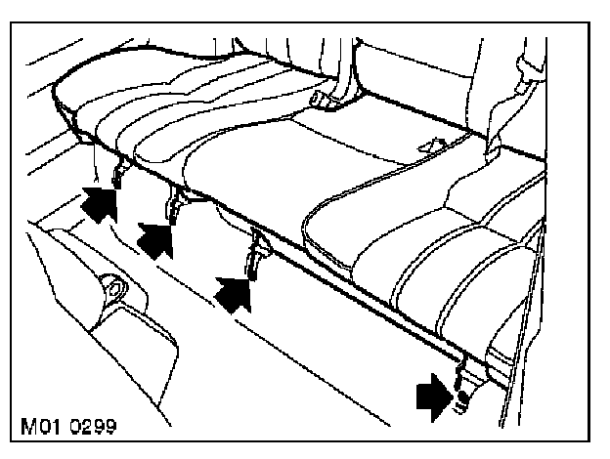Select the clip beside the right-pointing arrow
(x=459, y=389)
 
